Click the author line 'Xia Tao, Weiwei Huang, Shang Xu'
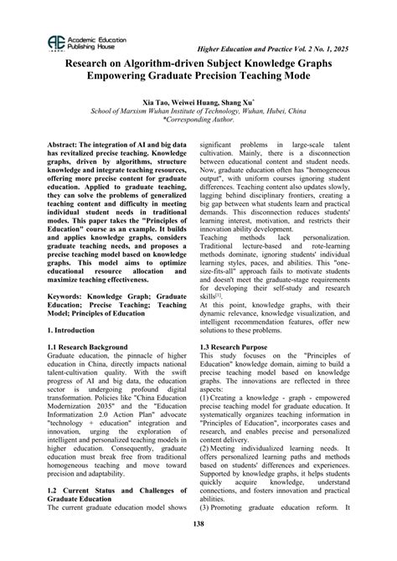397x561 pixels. click(198, 100)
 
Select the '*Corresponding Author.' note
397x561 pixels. click(198, 120)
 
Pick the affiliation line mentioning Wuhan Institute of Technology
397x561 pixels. click(198, 111)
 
